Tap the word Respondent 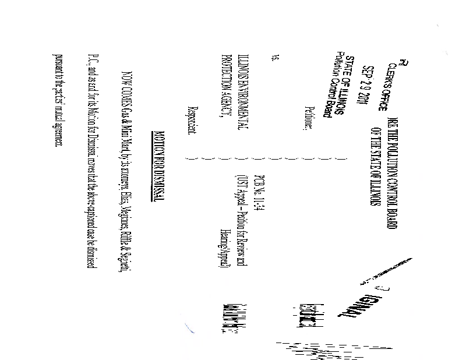190,121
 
